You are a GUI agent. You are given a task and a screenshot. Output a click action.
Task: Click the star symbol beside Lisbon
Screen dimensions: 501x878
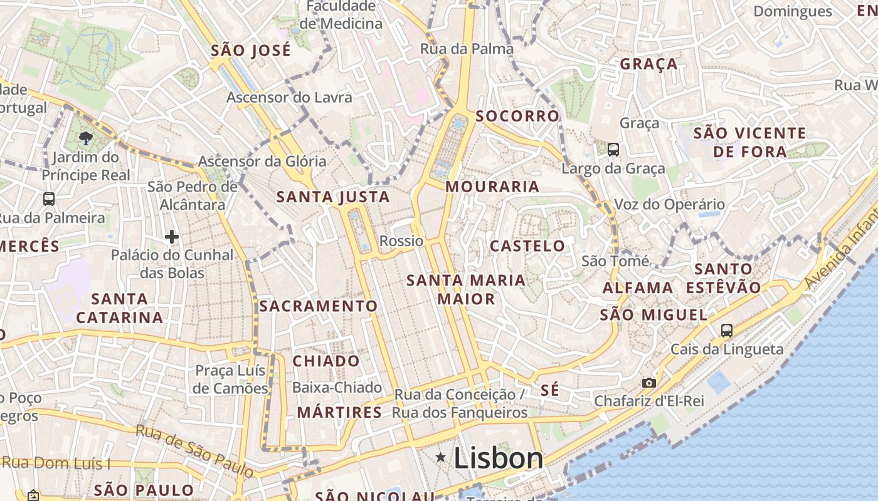coord(442,458)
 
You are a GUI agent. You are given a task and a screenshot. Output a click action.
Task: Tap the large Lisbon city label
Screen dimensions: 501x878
coord(498,458)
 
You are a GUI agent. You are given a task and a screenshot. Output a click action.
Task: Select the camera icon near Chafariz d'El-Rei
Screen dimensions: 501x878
coord(648,383)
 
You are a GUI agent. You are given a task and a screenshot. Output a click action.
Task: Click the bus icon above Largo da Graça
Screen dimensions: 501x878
coord(613,150)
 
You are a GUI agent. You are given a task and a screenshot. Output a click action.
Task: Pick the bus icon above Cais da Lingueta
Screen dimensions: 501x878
coord(727,330)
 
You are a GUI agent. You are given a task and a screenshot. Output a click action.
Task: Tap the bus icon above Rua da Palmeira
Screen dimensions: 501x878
coord(49,199)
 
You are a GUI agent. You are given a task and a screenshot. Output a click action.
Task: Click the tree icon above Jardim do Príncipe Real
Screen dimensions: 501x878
coord(86,138)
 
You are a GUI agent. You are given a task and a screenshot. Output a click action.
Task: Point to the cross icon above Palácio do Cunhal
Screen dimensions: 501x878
coord(171,237)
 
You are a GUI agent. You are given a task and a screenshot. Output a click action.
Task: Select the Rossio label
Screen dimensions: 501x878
coord(401,241)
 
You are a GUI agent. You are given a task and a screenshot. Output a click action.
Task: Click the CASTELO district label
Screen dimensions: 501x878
coord(527,246)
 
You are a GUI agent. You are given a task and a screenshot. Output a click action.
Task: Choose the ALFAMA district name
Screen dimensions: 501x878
coord(638,288)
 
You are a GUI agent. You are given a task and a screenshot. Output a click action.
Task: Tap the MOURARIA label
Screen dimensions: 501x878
coord(492,187)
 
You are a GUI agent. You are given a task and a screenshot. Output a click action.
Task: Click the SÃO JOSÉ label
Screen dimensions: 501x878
coord(251,51)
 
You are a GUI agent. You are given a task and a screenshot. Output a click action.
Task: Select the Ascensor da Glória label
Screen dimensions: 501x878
coord(262,162)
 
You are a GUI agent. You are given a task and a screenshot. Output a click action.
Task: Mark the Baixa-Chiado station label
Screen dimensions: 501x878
coord(337,388)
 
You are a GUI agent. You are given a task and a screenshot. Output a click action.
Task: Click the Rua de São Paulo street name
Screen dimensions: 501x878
coord(194,450)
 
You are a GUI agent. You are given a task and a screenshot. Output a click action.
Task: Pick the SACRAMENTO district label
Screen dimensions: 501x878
coord(319,306)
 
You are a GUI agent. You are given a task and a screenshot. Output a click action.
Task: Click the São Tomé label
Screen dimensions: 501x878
coord(615,261)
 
